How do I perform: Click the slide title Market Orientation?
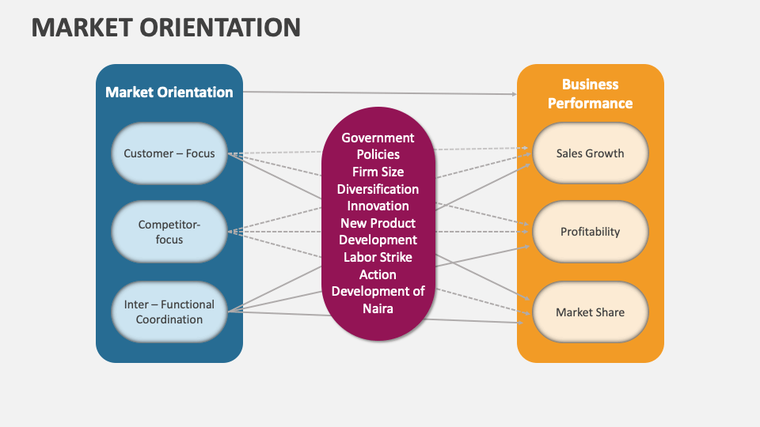point(165,28)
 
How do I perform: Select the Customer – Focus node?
point(169,153)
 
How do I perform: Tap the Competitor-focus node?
point(169,232)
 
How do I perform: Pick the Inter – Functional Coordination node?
point(169,312)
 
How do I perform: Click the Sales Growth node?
point(590,153)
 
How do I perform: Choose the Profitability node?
point(590,232)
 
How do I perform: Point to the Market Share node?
point(590,312)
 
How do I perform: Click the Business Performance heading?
point(590,93)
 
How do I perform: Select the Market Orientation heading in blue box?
point(169,93)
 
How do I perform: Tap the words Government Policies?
point(378,146)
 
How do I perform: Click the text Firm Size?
point(378,172)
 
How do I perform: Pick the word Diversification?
point(378,189)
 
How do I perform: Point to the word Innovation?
point(378,206)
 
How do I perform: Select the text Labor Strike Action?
point(378,265)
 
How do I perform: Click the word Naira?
point(378,308)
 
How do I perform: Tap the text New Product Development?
point(378,231)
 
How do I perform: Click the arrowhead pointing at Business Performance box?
point(513,94)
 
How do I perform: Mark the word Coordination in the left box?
point(169,319)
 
